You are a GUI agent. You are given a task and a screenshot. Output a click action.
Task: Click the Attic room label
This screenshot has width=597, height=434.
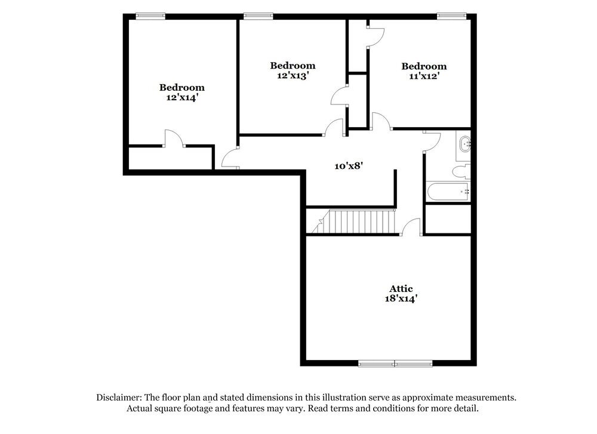399,289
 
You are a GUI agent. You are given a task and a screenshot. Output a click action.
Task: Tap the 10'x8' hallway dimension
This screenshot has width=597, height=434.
349,167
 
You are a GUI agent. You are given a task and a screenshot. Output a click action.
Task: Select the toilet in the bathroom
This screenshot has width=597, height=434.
461,172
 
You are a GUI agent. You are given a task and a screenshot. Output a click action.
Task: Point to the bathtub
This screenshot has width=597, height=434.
448,192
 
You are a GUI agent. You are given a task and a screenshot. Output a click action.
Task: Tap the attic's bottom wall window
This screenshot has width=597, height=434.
395,363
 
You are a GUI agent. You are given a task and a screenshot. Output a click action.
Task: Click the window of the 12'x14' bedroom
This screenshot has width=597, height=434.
150,16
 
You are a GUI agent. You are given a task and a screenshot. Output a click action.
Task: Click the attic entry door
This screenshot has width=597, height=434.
411,227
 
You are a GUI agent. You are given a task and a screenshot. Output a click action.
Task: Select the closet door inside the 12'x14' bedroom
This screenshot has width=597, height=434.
174,138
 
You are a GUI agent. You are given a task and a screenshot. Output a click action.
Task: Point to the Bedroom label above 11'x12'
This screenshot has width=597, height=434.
424,66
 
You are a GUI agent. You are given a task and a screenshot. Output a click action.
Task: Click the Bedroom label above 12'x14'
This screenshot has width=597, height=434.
181,87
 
